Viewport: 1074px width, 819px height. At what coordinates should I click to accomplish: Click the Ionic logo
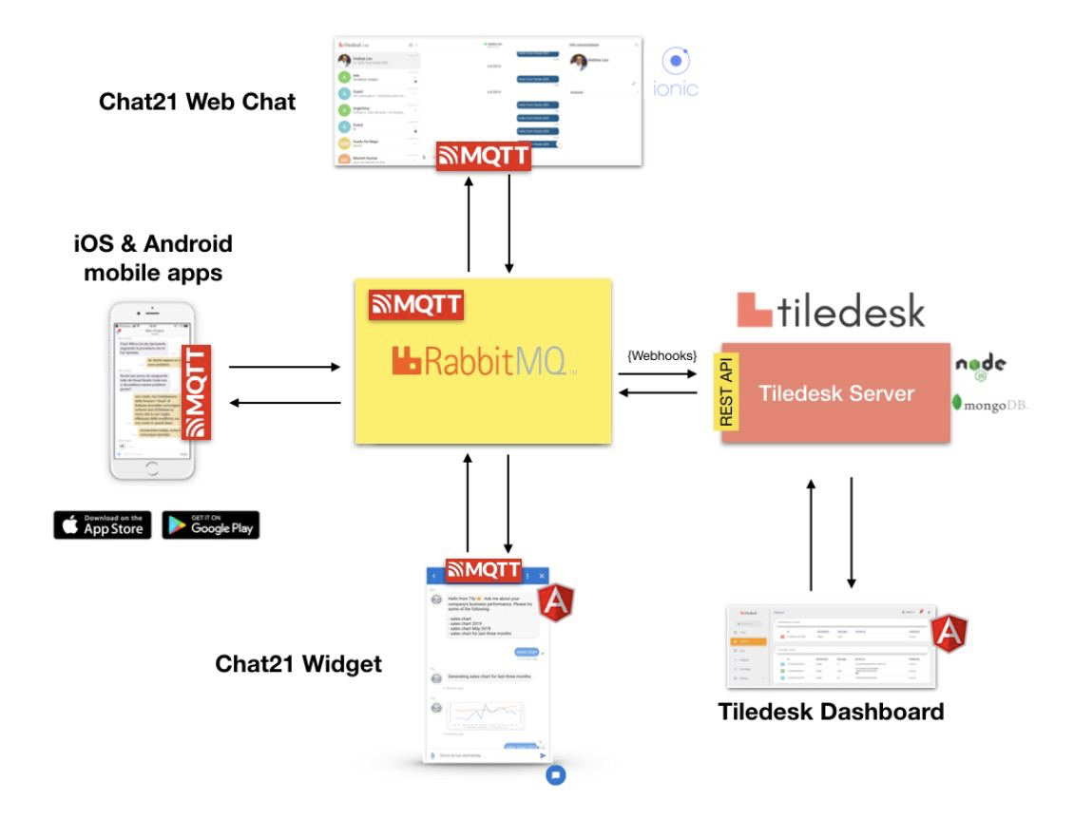676,73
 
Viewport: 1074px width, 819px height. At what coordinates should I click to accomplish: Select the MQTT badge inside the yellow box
415,305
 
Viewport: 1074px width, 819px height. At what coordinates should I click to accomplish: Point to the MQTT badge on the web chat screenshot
483,157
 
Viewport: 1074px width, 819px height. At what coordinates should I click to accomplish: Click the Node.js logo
981,367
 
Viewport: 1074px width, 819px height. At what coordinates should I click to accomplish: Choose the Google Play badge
210,524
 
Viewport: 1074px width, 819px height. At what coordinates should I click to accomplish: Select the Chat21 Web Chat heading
198,102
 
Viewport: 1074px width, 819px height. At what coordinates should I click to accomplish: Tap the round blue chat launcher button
556,774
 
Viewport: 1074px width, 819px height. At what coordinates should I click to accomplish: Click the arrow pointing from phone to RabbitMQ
285,366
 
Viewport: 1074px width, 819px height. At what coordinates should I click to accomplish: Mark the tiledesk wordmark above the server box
832,311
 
